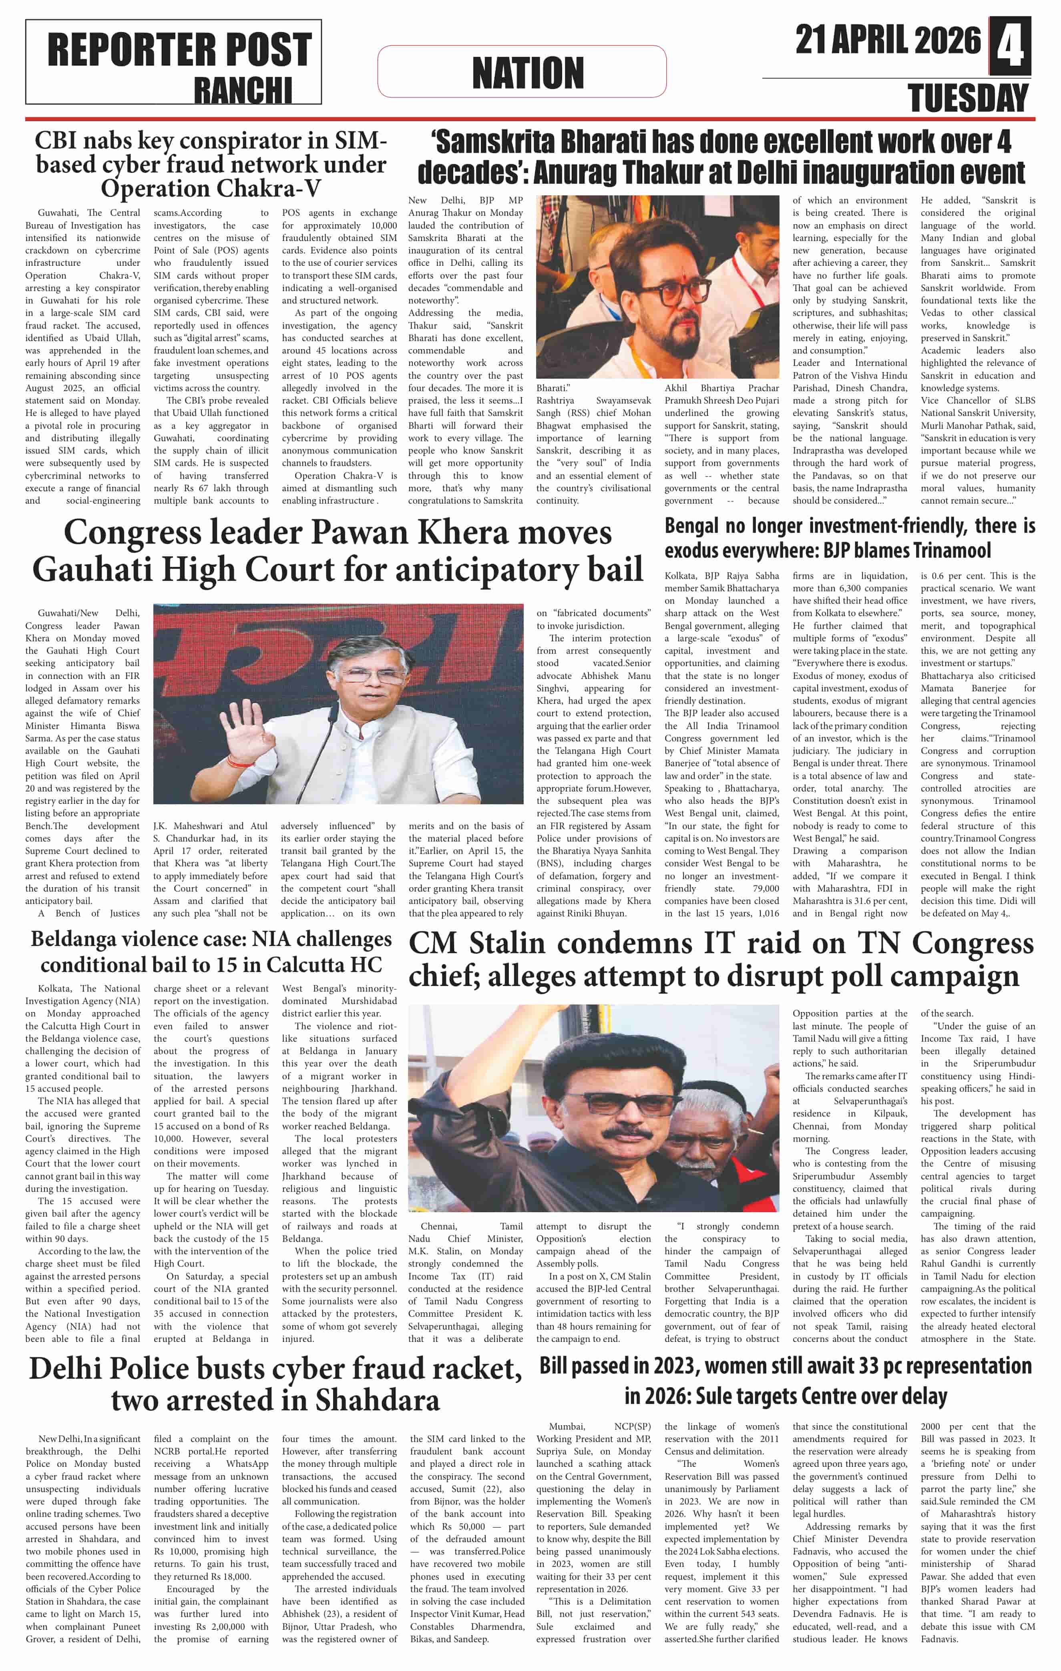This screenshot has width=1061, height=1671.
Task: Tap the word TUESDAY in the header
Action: pos(968,98)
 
